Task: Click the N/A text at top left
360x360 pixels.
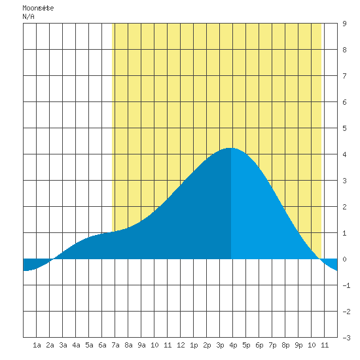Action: click(x=28, y=16)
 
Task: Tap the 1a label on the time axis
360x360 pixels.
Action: click(x=37, y=345)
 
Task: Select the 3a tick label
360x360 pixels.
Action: click(x=63, y=345)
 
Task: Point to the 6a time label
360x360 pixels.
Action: click(x=102, y=345)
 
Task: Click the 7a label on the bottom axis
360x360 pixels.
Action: click(x=115, y=345)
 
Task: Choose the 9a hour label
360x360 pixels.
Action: click(x=141, y=345)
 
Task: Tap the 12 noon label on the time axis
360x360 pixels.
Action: click(x=181, y=345)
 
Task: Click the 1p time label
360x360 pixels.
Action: click(x=194, y=345)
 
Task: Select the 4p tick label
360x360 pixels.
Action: click(x=233, y=345)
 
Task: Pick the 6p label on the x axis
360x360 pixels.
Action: click(x=259, y=345)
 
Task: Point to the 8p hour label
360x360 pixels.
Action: click(x=285, y=345)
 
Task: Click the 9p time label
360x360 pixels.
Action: click(x=298, y=345)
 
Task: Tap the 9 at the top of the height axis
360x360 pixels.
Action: click(x=344, y=24)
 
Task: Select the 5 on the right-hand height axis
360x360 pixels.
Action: click(x=344, y=128)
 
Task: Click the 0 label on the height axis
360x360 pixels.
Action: click(x=344, y=259)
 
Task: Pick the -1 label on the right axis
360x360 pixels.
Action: click(x=346, y=285)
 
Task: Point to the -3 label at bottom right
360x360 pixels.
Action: click(x=346, y=338)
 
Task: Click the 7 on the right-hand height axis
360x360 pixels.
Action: click(x=344, y=76)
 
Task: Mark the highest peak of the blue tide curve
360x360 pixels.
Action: click(x=230, y=148)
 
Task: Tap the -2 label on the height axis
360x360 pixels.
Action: click(x=346, y=312)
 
